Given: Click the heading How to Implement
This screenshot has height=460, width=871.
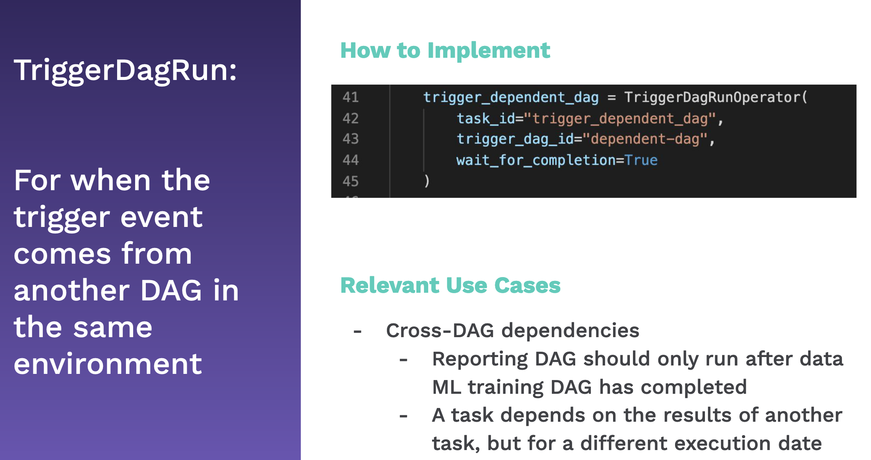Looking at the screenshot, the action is (445, 51).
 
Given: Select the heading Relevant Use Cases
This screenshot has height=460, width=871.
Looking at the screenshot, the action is (450, 285).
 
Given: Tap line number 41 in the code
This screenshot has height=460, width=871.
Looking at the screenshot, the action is (351, 97).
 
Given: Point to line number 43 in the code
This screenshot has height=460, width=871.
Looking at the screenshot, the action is (351, 139).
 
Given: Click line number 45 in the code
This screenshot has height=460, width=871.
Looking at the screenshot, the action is (351, 181).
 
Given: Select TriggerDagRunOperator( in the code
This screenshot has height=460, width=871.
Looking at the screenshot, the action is (716, 98).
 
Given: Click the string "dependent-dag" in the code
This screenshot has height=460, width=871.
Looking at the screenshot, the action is (644, 139).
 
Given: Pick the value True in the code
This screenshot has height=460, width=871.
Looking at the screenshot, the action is (641, 160).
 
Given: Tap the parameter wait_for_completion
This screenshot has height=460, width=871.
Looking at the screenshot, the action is (536, 160).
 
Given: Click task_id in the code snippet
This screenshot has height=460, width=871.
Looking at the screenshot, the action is (486, 119).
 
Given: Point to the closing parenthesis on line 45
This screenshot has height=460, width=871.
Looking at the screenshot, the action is (427, 181).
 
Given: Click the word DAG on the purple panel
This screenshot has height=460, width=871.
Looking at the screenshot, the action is (171, 290).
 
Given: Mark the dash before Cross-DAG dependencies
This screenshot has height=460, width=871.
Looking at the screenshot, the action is (357, 331).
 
